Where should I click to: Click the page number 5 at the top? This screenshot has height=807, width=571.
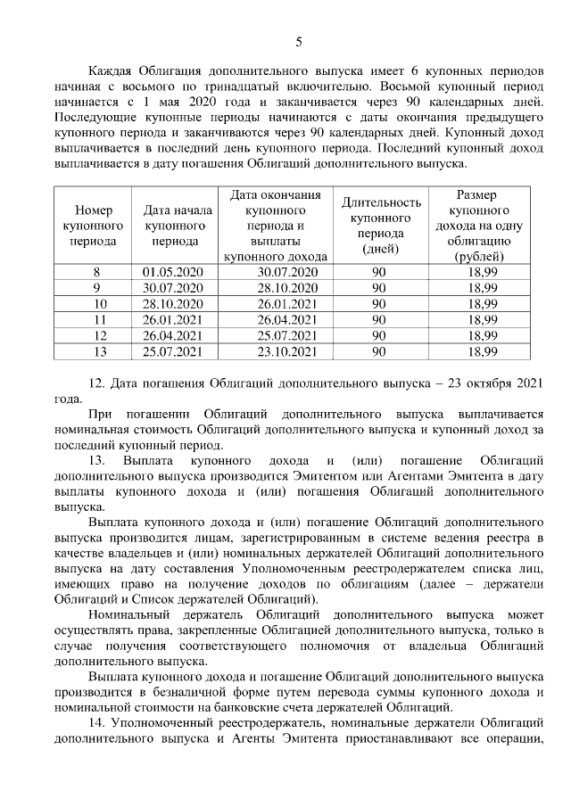pyautogui.click(x=298, y=40)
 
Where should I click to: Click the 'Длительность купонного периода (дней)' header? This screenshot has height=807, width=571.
pyautogui.click(x=379, y=226)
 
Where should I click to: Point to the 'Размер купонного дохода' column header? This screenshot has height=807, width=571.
pyautogui.click(x=483, y=226)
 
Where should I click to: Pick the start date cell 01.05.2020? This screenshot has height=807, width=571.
pyautogui.click(x=174, y=272)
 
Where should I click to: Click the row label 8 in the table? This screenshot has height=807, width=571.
pyautogui.click(x=96, y=272)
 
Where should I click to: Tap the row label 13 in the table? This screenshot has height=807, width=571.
pyautogui.click(x=98, y=351)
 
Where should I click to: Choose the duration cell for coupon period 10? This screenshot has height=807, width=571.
pyautogui.click(x=379, y=304)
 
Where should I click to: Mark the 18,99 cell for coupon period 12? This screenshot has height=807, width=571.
pyautogui.click(x=483, y=335)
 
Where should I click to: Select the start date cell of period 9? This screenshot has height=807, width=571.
pyautogui.click(x=174, y=288)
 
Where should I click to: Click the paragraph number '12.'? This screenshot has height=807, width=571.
pyautogui.click(x=99, y=384)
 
